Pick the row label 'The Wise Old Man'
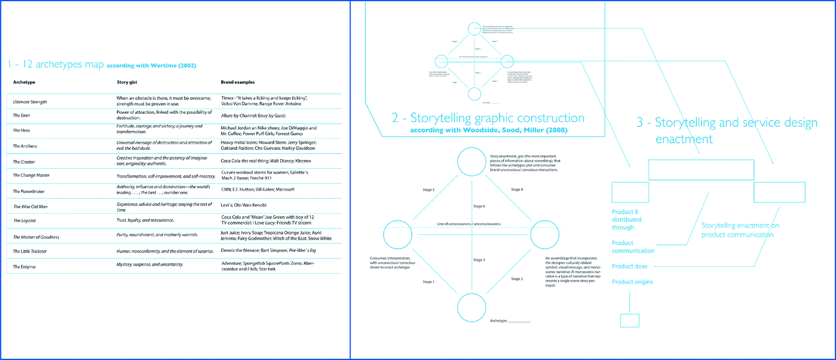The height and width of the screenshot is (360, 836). coord(31,206)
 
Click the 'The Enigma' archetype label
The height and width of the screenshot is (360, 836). coord(25,267)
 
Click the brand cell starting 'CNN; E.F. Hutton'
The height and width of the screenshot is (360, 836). coord(257,189)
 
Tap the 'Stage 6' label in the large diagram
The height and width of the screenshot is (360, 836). coord(479,206)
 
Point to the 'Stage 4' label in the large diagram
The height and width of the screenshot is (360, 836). coord(516,189)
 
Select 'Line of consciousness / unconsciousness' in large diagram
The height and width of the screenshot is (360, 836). coord(468,224)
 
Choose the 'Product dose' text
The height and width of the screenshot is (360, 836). coord(630,266)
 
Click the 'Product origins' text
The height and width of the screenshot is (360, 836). coord(632,282)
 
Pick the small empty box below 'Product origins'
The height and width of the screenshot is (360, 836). coord(630,320)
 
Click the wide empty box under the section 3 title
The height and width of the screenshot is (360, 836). coord(701,169)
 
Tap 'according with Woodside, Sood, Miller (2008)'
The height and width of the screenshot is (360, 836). coord(489,130)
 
